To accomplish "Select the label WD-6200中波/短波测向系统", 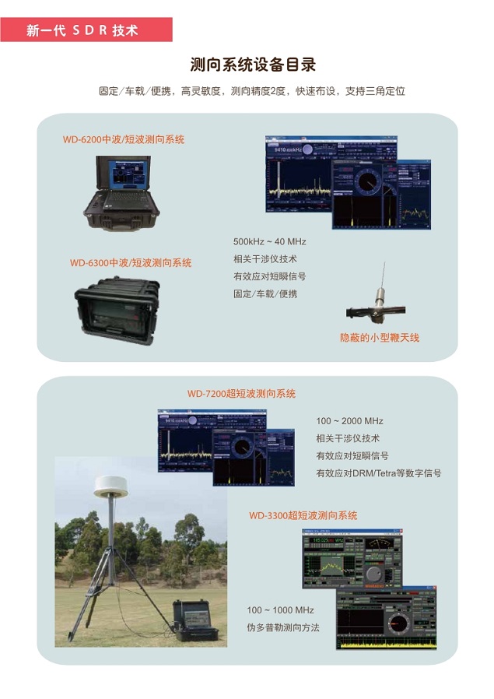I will point(124,140).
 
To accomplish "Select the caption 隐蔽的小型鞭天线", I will point(380,338).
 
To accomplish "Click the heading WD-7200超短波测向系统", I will point(241,394).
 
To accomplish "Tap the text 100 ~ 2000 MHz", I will point(349,421).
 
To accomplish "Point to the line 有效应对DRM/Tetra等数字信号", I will point(378,473).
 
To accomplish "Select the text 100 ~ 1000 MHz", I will point(280,610).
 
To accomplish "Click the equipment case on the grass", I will point(195,620).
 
